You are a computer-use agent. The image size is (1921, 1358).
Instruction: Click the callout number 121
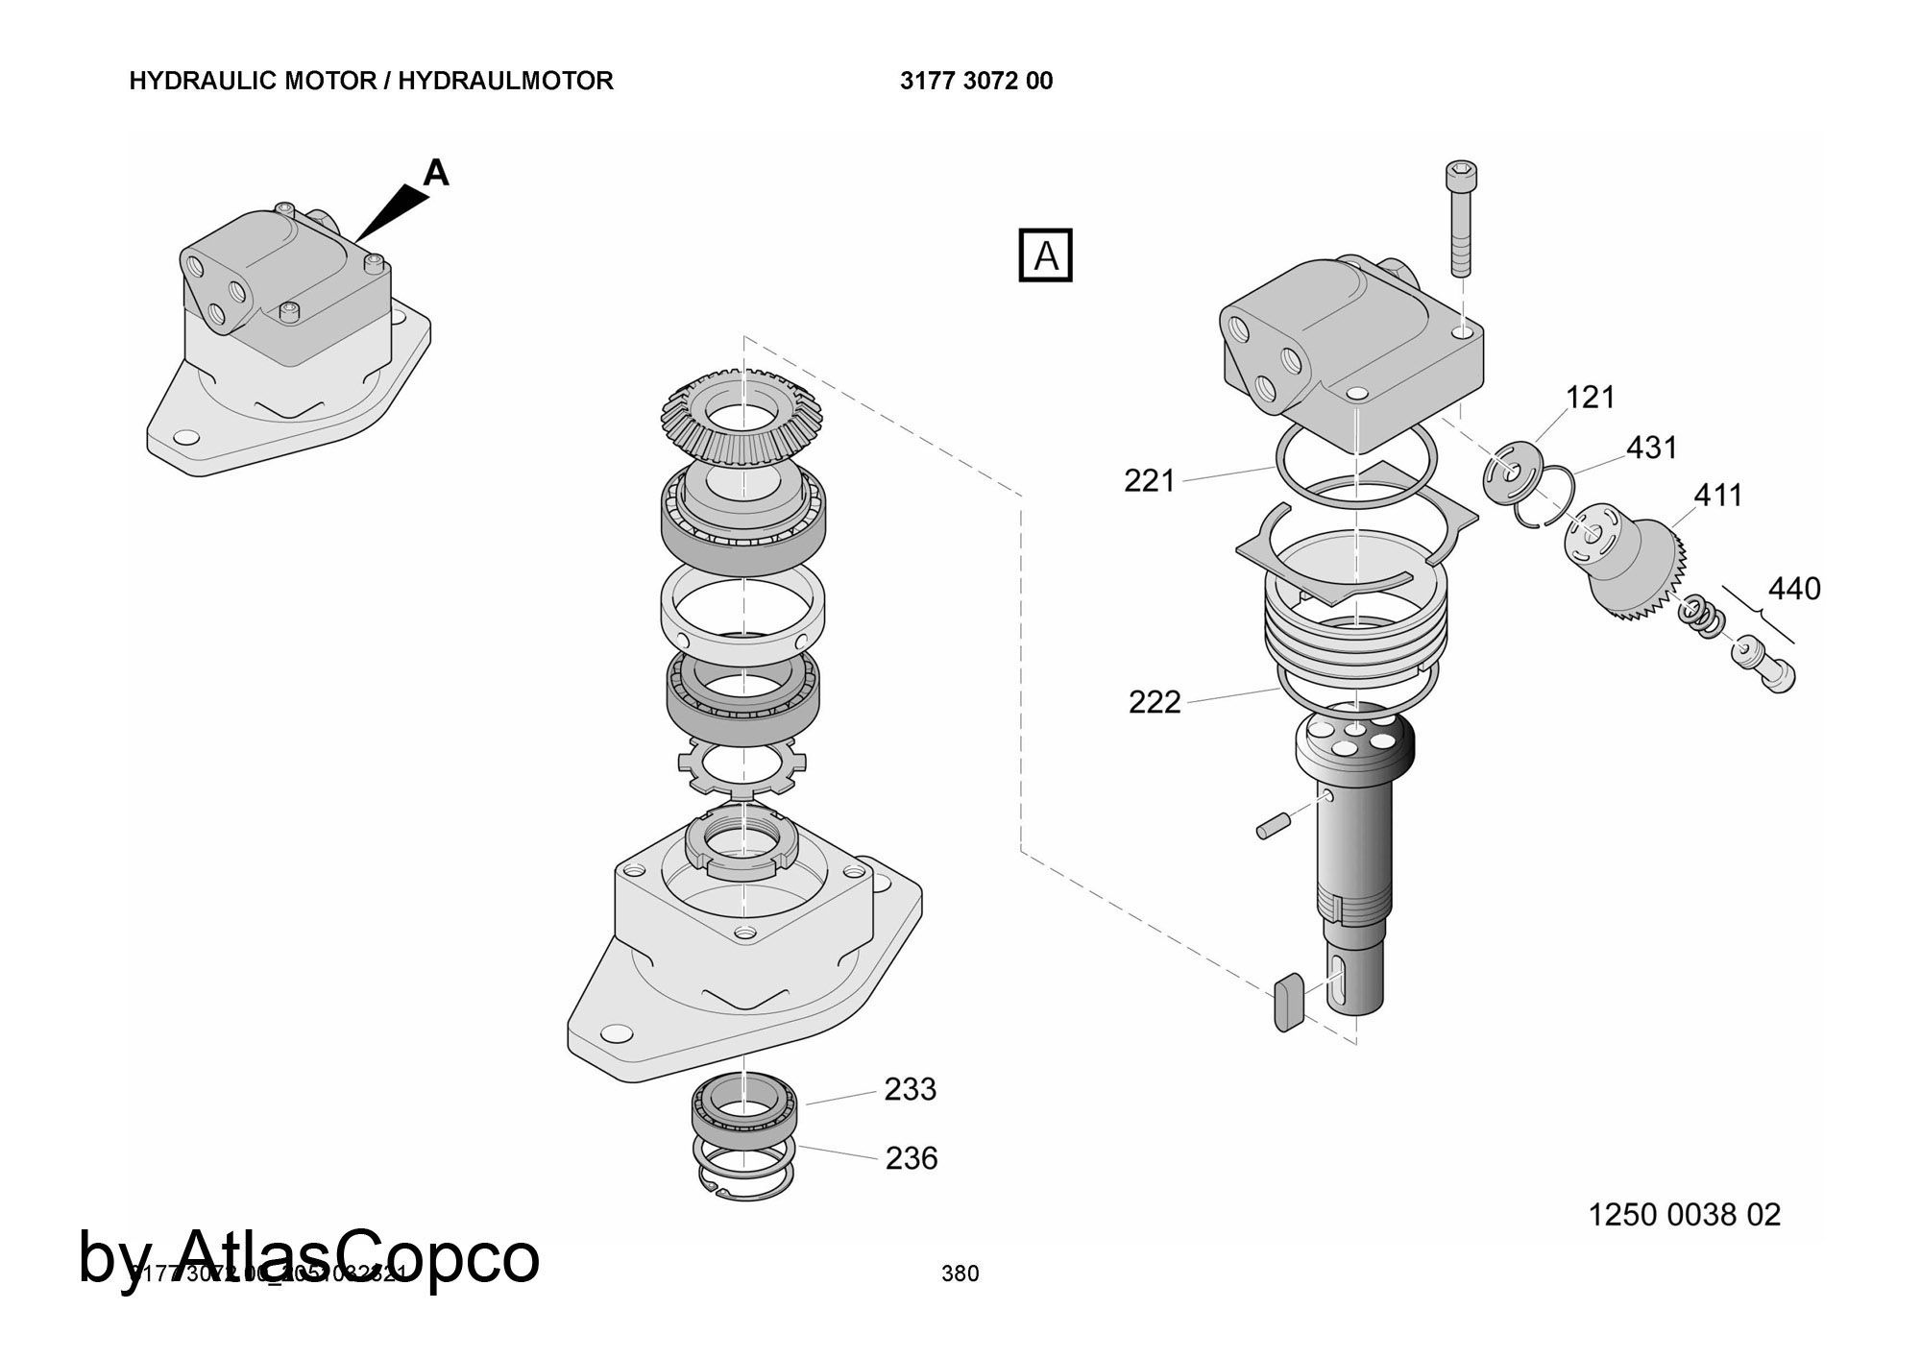pyautogui.click(x=1591, y=397)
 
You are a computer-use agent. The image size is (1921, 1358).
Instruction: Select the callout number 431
pyautogui.click(x=1651, y=448)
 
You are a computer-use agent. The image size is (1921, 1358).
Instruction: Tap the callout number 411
pyautogui.click(x=1717, y=496)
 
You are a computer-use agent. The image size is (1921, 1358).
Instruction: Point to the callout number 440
pyautogui.click(x=1793, y=589)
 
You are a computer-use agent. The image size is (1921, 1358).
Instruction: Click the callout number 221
pyautogui.click(x=1149, y=480)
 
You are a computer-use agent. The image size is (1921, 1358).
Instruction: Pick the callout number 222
pyautogui.click(x=1154, y=702)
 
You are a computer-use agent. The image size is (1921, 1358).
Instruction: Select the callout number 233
pyautogui.click(x=910, y=1089)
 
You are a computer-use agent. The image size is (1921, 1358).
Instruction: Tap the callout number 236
pyautogui.click(x=911, y=1158)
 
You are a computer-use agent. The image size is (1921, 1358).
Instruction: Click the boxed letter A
pyautogui.click(x=1045, y=256)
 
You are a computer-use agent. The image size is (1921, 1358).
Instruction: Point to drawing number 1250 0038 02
pyautogui.click(x=1684, y=1215)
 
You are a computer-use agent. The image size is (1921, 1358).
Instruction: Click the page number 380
pyautogui.click(x=960, y=1273)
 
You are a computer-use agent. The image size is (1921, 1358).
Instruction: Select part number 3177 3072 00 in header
pyautogui.click(x=976, y=81)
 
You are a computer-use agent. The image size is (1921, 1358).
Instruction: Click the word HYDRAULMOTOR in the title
pyautogui.click(x=505, y=81)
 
